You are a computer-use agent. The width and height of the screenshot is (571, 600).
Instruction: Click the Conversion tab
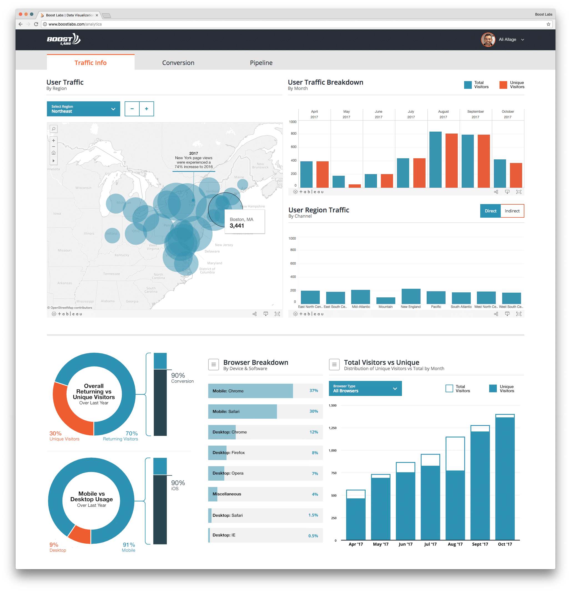pos(178,63)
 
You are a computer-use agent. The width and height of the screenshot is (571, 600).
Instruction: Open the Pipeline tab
pos(261,63)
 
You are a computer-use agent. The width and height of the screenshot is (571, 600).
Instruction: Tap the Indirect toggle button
pos(512,211)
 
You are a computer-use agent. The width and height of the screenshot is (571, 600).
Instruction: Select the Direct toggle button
pos(490,211)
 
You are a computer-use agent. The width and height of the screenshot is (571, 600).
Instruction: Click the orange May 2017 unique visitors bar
pos(354,186)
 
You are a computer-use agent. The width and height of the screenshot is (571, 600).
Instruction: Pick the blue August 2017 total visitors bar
pos(435,160)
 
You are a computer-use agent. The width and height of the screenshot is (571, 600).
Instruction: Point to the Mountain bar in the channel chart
pos(385,300)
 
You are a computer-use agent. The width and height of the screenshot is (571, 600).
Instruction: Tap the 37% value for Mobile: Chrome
pos(313,391)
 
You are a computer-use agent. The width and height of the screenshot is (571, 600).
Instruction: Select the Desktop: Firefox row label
pos(228,453)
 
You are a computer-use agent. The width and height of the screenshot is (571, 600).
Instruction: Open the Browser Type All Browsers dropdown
pos(365,388)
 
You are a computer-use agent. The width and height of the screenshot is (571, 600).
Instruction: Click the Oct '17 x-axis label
pos(505,544)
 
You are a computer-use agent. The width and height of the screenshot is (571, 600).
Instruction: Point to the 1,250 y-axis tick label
pos(333,428)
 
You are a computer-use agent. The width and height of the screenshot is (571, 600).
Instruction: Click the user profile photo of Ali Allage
pos(488,40)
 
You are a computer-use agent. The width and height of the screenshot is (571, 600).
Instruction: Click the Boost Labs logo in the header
pos(64,40)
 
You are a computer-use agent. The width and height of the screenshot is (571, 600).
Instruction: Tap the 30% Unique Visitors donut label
pos(64,436)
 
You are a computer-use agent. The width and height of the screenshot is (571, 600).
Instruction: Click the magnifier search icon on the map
pos(54,129)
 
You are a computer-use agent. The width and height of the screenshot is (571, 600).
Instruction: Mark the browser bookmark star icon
pos(548,24)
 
